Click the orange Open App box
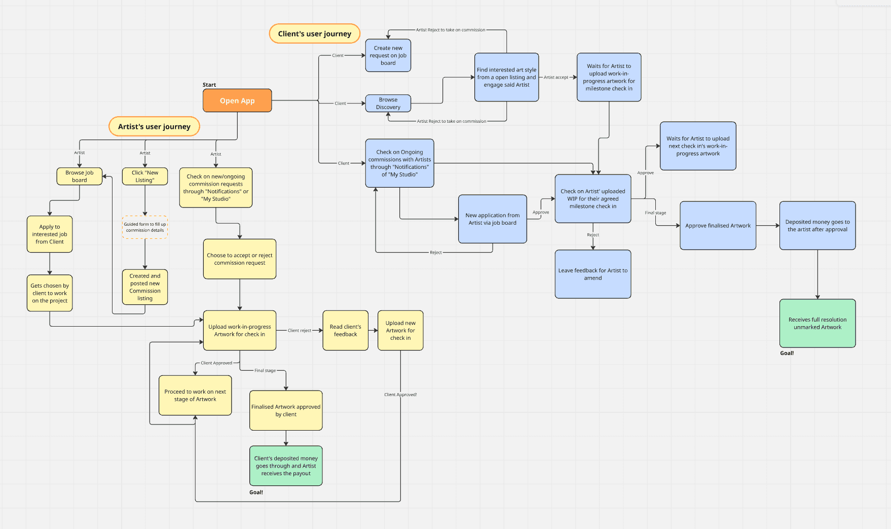click(x=237, y=100)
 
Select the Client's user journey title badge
click(x=314, y=33)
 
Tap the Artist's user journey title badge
click(x=154, y=126)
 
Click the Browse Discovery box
click(x=388, y=103)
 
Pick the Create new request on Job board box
click(x=388, y=55)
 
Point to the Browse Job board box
click(x=80, y=176)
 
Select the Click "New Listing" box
click(x=145, y=176)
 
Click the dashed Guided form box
click(x=145, y=227)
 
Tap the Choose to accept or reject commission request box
click(x=240, y=259)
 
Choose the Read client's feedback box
click(x=345, y=330)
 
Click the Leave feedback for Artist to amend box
click(x=592, y=274)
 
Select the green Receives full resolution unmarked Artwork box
click(x=817, y=323)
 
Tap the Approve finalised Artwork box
click(x=718, y=226)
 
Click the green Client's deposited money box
click(x=286, y=466)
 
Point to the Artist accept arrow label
click(x=556, y=78)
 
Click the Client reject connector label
click(x=300, y=330)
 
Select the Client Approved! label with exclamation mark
click(x=400, y=395)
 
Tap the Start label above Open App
click(x=209, y=85)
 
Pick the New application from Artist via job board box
click(x=492, y=219)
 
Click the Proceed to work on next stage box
click(x=195, y=395)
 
